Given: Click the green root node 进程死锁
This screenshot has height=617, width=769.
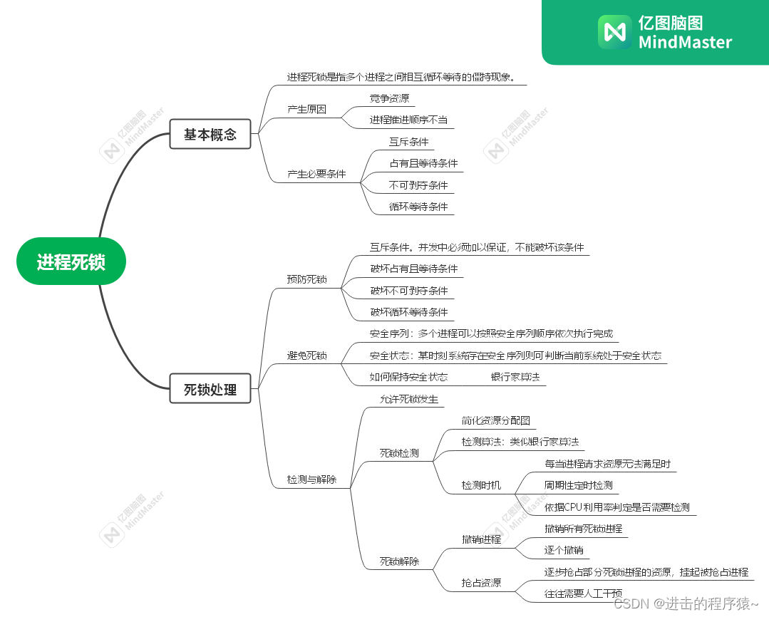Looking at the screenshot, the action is coord(71,261).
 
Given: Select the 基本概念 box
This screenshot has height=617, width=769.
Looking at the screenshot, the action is coord(210,134).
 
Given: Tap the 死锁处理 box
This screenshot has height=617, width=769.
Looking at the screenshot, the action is coord(210,390).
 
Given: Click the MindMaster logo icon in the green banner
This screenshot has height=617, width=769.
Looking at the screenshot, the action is coord(614,31).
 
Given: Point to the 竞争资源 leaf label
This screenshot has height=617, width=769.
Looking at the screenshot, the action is coord(389,98).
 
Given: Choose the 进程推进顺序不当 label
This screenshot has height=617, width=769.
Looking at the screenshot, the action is coord(408,120).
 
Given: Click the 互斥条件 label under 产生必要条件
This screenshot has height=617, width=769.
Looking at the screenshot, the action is coord(408,142).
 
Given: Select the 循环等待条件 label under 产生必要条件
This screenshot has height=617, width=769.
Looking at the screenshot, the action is coord(418,207).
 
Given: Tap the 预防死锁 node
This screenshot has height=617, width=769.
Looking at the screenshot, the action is coord(306,279).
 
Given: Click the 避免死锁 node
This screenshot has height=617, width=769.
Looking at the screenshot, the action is coord(306,355).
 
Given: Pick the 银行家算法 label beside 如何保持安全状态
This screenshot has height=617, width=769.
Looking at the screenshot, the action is coord(515,376).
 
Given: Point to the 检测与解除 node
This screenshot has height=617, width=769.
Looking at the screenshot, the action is coord(311,479).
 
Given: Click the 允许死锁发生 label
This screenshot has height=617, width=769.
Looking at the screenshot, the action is coord(408,399).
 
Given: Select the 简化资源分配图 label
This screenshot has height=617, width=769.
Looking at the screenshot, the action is coord(495,420).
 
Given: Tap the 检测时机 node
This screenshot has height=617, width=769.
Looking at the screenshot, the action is coord(481,485).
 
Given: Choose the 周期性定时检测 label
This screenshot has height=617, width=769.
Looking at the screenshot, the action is coord(578,485).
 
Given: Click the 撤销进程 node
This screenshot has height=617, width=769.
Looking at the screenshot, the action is coord(481,539).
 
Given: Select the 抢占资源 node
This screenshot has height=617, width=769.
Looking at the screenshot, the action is coord(481,583).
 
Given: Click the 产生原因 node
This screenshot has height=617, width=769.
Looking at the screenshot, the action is coord(306,109).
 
